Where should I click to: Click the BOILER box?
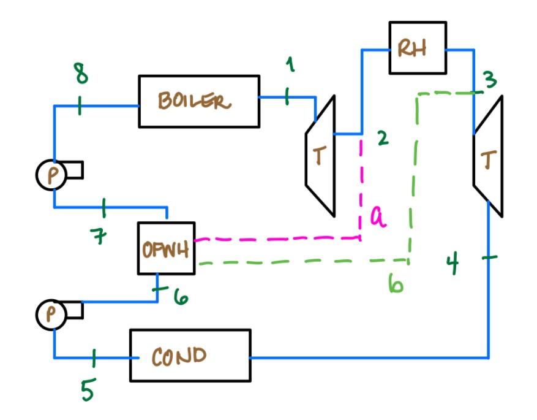tap(198, 101)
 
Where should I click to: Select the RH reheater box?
tap(417, 48)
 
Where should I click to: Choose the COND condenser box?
tap(190, 355)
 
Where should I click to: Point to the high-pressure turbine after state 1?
tap(320, 156)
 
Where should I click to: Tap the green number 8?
tap(80, 75)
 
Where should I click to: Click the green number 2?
tap(383, 139)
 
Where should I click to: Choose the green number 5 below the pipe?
tap(88, 390)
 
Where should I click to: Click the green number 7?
tap(100, 236)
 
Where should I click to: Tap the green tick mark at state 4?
tap(488, 258)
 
